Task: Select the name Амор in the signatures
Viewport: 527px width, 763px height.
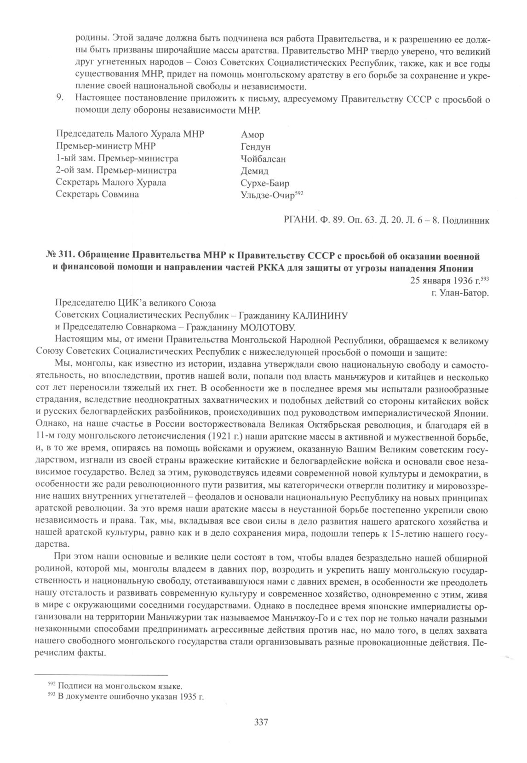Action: tap(252, 135)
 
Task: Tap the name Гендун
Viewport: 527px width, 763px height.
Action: tap(256, 147)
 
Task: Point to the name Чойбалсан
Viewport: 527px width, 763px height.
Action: tap(263, 159)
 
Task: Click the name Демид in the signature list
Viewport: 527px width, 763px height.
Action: tap(255, 171)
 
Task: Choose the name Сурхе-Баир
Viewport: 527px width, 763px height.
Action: tap(265, 183)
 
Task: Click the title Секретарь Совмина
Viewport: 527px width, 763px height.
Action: tap(97, 195)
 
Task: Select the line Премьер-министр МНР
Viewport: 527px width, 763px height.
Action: tap(105, 147)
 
